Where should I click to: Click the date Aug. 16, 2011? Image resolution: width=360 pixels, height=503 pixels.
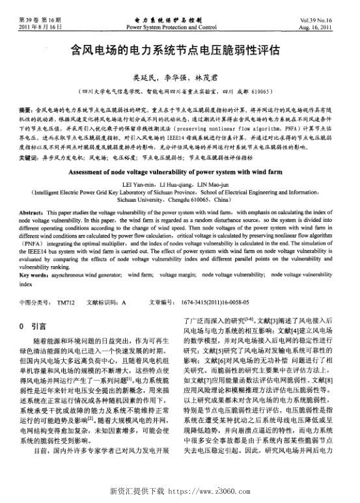pyautogui.click(x=316, y=28)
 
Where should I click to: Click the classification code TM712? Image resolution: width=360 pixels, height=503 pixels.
pyautogui.click(x=66, y=303)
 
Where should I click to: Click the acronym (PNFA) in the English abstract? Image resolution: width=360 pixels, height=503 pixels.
pyautogui.click(x=33, y=243)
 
